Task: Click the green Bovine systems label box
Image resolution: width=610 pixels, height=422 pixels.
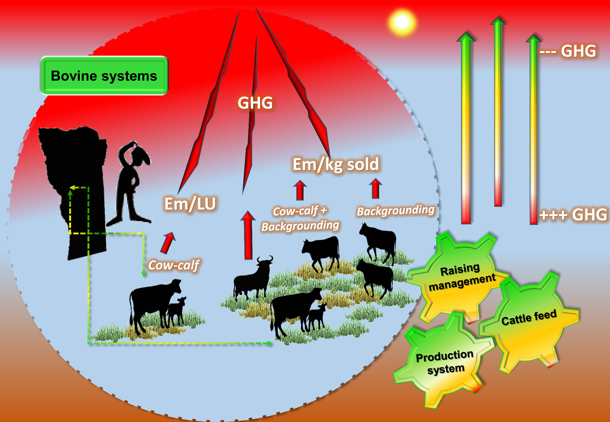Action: click(104, 76)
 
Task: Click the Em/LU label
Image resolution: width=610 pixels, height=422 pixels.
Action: click(190, 204)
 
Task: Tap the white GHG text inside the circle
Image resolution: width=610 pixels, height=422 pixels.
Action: click(255, 103)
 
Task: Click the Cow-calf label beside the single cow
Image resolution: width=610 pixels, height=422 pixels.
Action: click(174, 265)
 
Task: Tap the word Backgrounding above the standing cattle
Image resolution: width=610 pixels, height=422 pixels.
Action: click(396, 211)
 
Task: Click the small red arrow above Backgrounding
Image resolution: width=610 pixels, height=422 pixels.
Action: click(375, 188)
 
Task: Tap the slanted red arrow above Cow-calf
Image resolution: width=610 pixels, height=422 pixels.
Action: click(168, 243)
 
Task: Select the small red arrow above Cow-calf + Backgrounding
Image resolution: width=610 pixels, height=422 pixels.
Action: click(300, 190)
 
